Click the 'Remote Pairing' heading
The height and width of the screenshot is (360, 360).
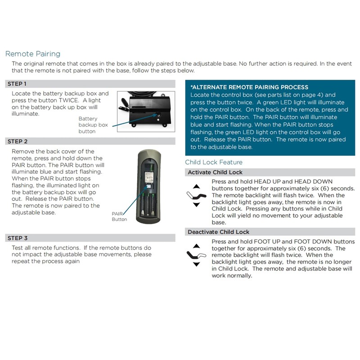(32, 54)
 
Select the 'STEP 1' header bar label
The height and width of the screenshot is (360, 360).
(18, 84)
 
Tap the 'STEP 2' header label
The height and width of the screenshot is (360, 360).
(18, 141)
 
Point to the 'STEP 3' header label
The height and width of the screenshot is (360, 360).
(18, 238)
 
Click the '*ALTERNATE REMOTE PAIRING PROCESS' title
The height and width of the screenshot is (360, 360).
(249, 87)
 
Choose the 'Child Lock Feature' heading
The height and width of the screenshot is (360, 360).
(214, 162)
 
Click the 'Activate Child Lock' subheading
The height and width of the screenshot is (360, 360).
(215, 172)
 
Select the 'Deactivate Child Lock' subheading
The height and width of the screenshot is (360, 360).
(218, 232)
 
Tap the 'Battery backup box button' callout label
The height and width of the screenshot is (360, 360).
(94, 125)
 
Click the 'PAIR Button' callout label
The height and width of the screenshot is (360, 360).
(120, 217)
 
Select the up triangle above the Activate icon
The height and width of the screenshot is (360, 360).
(196, 186)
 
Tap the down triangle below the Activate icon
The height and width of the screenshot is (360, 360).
(196, 205)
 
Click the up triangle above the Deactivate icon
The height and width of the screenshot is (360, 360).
(196, 246)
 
